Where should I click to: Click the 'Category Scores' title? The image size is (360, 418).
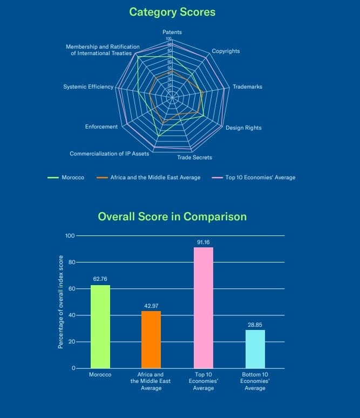172,11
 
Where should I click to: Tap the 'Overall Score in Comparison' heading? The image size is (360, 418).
172,217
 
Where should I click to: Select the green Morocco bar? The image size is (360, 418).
100,327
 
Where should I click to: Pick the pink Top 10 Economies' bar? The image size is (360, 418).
203,308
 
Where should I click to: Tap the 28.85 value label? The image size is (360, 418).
255,325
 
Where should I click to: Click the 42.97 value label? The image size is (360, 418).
151,306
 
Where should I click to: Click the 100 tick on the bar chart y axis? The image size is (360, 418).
69,236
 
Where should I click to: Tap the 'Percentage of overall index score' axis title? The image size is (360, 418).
61,301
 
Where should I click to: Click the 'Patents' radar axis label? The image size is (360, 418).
172,32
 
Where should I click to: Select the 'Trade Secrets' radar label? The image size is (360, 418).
194,158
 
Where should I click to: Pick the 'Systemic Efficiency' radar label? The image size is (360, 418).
88,87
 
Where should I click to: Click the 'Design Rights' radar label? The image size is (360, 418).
243,128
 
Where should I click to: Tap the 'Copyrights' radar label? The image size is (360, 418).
226,51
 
